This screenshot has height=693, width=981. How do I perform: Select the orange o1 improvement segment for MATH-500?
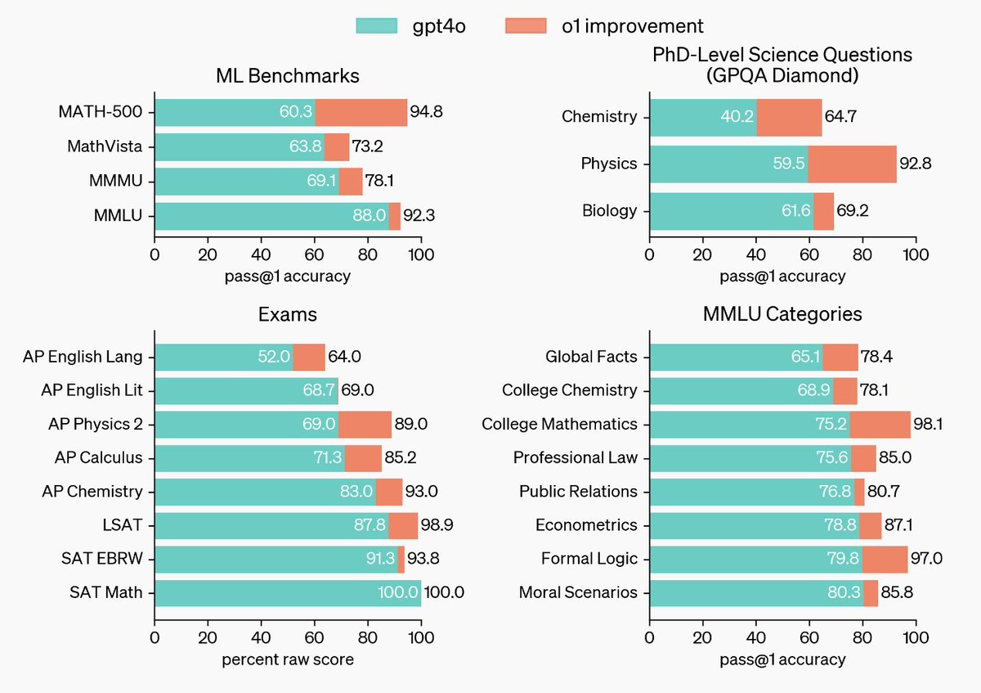[361, 113]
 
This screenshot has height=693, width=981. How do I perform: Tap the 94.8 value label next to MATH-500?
[427, 113]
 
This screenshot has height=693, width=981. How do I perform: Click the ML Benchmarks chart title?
[288, 76]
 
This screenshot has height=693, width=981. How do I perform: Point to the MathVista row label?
[105, 147]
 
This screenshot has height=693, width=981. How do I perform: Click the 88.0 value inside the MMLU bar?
[369, 217]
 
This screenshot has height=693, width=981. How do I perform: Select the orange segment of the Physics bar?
[852, 164]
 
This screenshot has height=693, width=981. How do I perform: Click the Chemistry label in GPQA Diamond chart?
[599, 116]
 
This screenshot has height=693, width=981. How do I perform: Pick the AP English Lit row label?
[92, 390]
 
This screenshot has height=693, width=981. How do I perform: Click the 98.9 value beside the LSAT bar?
[437, 525]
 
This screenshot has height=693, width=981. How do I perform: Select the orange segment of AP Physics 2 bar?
[365, 425]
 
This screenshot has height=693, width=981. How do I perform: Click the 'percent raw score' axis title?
[288, 659]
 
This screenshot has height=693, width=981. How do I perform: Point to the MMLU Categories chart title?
[782, 314]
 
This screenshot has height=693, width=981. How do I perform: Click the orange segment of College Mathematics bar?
[880, 424]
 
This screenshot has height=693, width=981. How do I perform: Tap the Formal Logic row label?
[589, 559]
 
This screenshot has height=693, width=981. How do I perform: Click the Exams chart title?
[288, 314]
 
